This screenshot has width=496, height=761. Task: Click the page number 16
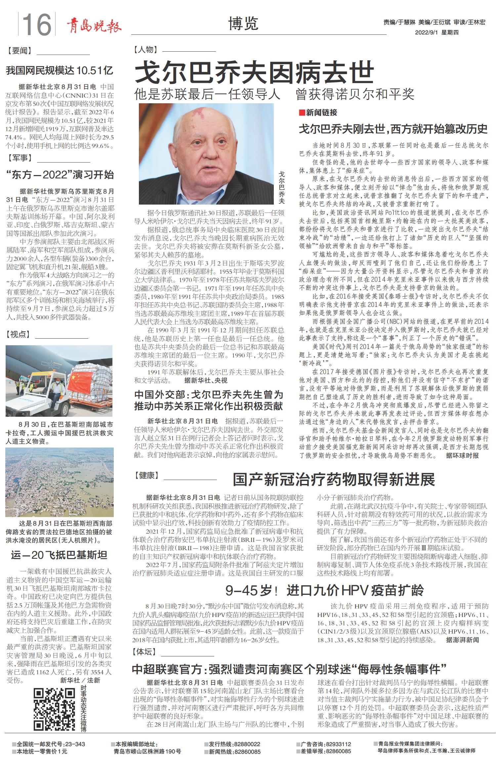[x=37, y=24]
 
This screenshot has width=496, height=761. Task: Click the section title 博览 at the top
[x=243, y=24]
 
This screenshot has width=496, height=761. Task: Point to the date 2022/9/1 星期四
[x=436, y=32]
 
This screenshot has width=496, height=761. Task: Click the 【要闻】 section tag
[x=19, y=51]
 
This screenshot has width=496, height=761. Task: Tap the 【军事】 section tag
[x=20, y=158]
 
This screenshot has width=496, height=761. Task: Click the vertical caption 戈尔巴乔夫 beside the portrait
[x=281, y=187]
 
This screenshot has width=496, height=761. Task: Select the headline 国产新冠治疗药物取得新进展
[x=334, y=479]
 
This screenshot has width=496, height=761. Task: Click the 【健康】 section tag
[x=146, y=475]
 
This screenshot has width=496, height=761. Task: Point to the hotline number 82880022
[x=247, y=744]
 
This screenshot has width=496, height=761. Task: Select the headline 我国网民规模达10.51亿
[x=60, y=71]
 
